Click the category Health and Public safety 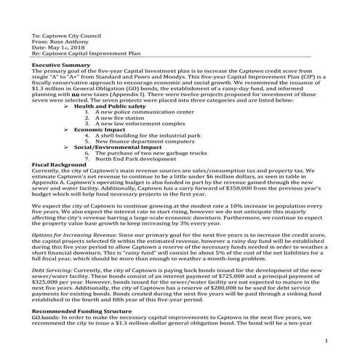coord(109,105)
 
